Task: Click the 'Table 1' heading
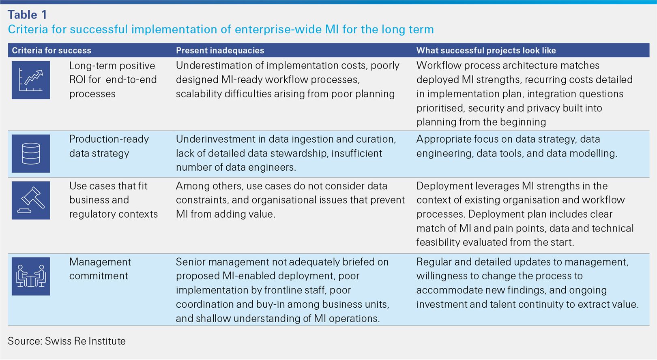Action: [27, 15]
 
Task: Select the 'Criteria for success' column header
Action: [52, 50]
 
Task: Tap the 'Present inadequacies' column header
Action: [220, 50]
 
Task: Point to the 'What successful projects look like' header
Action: [486, 50]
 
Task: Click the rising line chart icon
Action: [31, 80]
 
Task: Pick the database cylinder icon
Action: [31, 153]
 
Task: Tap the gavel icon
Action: [31, 200]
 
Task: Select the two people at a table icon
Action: [31, 276]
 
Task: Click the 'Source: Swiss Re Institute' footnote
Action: [67, 341]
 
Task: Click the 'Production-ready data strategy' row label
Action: [109, 146]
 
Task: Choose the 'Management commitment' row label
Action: [100, 269]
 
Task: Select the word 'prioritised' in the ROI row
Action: [440, 108]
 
